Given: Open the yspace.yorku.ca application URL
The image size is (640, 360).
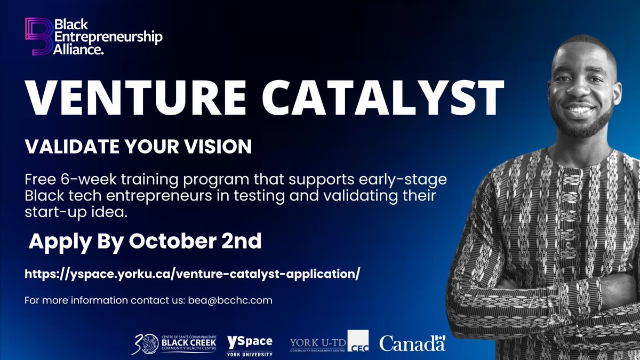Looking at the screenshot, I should point(193,274).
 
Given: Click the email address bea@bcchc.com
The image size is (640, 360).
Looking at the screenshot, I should point(230,300).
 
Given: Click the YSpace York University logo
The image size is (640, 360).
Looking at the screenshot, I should point(250,345).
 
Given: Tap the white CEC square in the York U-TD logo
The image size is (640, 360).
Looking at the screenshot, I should point(359,342).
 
